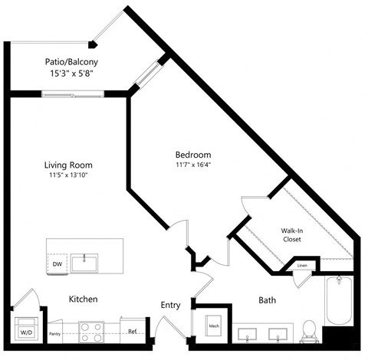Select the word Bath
pos(268,301)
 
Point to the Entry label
pos(170,305)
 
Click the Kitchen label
pos(83,298)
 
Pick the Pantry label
pos(55,334)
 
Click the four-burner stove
pos(91,331)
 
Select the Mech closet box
pos(214,326)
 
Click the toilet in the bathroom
pos(310,328)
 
